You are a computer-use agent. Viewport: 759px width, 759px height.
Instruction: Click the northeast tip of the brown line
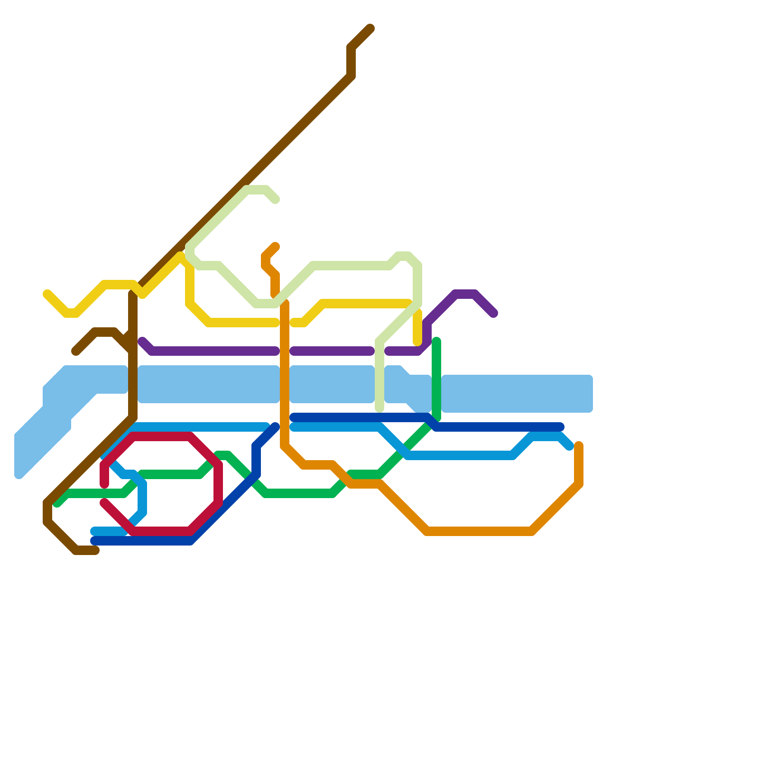click(370, 28)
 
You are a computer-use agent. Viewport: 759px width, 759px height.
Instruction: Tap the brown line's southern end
click(95, 550)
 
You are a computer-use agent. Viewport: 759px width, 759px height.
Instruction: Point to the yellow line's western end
click(47, 294)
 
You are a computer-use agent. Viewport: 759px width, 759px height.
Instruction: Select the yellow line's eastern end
click(417, 342)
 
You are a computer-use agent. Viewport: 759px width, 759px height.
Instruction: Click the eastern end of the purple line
click(494, 314)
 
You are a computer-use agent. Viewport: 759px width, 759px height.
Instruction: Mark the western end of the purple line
click(142, 341)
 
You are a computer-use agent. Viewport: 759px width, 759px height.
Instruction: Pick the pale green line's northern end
click(276, 200)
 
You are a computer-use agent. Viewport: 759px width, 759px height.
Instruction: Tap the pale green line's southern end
click(379, 408)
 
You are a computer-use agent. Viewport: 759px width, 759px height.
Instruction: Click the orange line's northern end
click(276, 246)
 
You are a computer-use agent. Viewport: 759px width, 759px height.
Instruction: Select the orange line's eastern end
click(579, 445)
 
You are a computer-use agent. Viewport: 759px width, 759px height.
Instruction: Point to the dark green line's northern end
click(436, 341)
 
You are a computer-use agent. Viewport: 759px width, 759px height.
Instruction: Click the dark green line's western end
click(57, 503)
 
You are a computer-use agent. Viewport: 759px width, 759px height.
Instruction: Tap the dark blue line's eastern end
click(560, 427)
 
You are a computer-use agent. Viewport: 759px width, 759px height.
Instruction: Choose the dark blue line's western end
click(94, 541)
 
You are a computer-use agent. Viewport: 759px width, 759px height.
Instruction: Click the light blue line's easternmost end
click(570, 446)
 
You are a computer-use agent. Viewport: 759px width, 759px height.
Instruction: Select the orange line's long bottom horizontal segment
click(479, 531)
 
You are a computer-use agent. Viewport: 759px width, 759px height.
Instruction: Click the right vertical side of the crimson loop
click(218, 484)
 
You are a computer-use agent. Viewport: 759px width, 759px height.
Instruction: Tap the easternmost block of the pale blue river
click(517, 394)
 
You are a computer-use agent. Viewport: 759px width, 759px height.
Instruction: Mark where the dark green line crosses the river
click(436, 394)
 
